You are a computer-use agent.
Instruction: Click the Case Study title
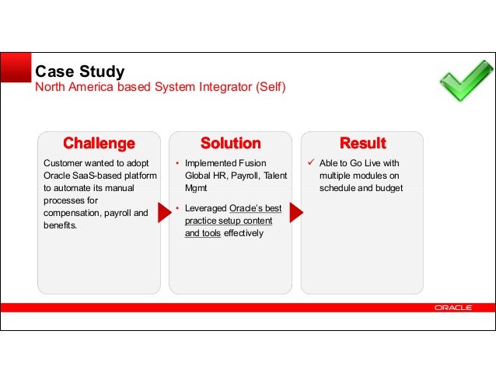(80, 72)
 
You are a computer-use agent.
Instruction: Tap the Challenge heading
(99, 144)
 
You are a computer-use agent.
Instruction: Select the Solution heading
(230, 144)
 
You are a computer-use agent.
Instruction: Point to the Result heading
(363, 144)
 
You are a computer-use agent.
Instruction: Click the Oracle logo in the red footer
(453, 308)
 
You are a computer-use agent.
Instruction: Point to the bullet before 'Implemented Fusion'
(177, 164)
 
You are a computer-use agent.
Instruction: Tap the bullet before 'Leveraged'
(177, 209)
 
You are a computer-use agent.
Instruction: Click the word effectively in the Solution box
(243, 233)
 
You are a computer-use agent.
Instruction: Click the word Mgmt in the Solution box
(196, 188)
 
